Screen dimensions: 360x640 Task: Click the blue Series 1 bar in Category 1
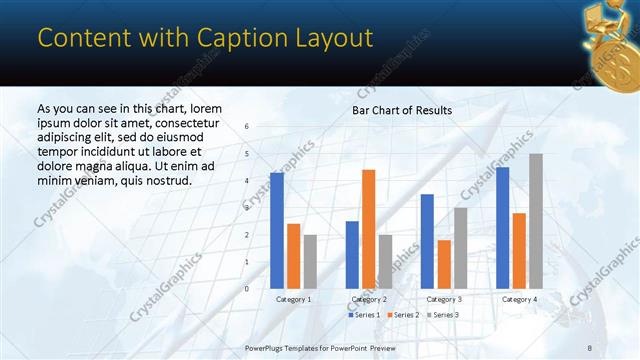[x=276, y=230]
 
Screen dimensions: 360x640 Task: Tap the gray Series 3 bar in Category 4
[x=536, y=221]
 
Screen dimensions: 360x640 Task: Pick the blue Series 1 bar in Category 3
[x=427, y=241]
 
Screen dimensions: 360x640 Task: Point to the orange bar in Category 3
[x=444, y=264]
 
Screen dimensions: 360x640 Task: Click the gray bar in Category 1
[x=310, y=261]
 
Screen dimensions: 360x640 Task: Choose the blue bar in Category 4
[x=502, y=227]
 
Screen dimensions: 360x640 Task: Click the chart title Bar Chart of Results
[x=402, y=110]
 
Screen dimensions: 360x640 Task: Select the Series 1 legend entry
[x=365, y=315]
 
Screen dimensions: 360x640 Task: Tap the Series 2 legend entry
[x=403, y=315]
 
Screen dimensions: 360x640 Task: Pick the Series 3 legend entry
[x=441, y=315]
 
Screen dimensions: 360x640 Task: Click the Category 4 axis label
[x=519, y=299]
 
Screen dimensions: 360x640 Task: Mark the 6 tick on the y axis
[x=247, y=126]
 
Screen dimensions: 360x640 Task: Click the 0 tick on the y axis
[x=247, y=288]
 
